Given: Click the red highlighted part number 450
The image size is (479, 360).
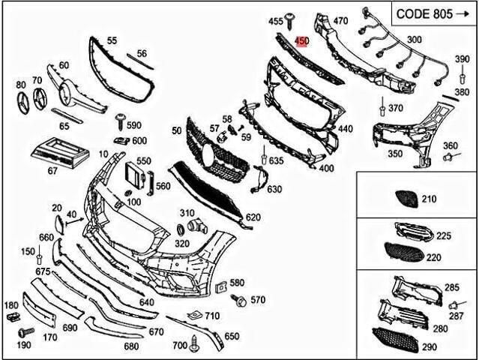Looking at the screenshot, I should (302, 41).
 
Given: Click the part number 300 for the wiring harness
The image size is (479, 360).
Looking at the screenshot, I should (413, 39).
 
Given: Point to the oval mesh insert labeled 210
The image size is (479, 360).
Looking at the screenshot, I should (408, 199).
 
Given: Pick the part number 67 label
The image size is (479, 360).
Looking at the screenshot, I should (52, 171).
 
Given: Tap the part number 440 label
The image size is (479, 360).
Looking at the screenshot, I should (345, 129).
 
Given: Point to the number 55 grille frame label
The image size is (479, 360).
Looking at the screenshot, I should (112, 40).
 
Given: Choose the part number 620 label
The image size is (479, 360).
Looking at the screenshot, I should (253, 217).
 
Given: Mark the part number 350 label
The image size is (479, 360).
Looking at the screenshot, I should (394, 154).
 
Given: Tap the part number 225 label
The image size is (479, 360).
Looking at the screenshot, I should (444, 236).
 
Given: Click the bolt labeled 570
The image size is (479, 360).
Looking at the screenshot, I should (240, 300).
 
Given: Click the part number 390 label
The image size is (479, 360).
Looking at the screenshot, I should (462, 58).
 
